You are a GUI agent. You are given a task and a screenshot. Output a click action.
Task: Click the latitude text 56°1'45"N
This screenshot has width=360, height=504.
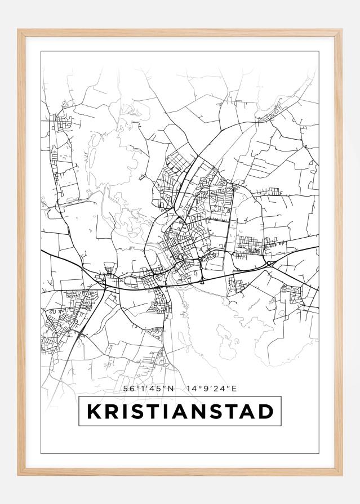point(148,388)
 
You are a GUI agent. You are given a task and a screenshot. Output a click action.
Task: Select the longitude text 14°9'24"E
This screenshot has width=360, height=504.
point(212,388)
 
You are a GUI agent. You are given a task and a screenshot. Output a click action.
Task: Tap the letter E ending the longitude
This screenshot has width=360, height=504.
point(235,388)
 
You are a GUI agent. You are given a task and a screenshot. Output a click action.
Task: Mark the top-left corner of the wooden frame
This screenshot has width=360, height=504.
point(18,30)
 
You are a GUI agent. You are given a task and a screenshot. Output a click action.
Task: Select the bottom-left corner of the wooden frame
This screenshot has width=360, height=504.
point(18,476)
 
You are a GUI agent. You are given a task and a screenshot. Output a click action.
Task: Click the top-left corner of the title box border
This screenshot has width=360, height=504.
point(79,398)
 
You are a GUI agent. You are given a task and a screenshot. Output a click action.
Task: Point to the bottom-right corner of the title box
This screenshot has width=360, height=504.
point(281,426)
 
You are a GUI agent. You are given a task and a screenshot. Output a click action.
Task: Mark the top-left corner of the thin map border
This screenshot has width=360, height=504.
point(41,52)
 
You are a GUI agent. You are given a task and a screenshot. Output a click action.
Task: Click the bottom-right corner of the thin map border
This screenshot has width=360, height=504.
point(319,453)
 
